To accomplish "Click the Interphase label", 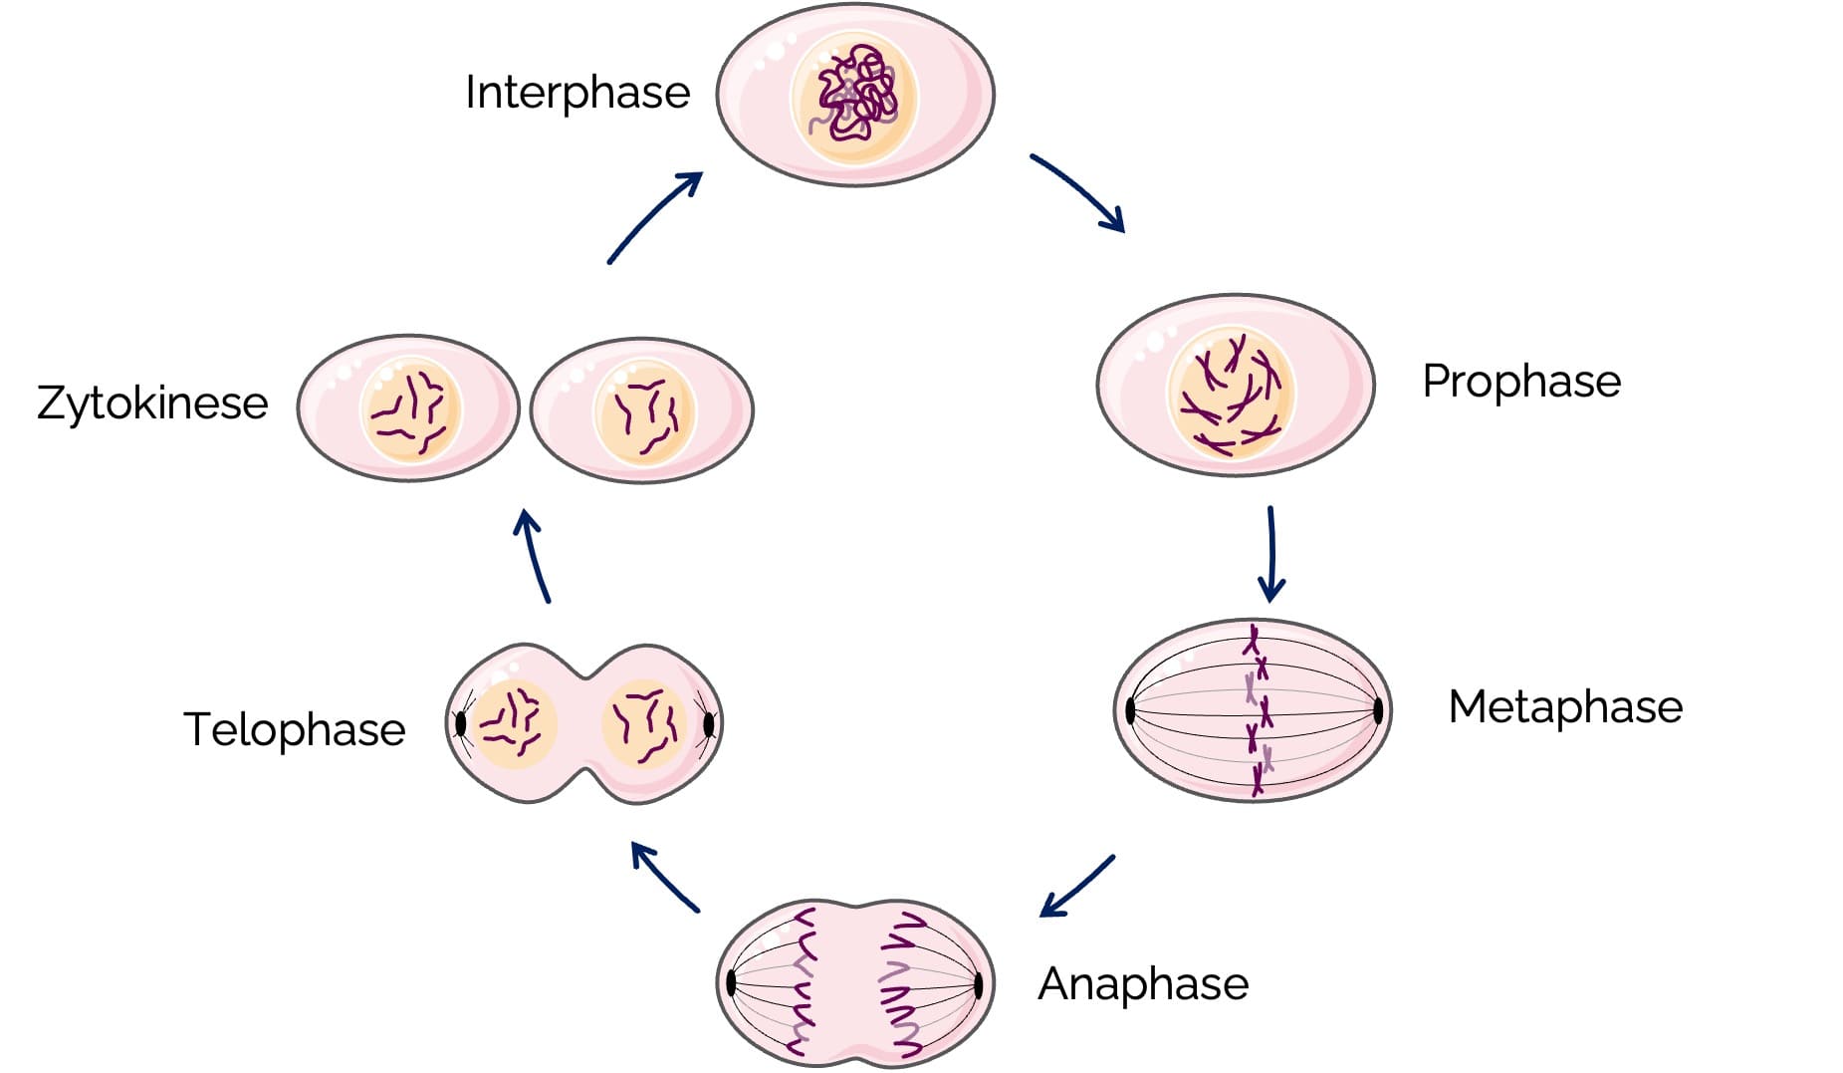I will (577, 93).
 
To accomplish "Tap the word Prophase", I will (1521, 382).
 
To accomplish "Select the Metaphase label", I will (1565, 707).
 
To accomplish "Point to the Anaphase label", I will (1143, 984).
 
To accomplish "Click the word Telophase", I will (295, 729).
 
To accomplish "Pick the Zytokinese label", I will (152, 403).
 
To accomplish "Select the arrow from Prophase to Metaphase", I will (1270, 554).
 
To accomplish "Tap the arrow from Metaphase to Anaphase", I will (1077, 886).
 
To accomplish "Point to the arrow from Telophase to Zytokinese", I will (533, 556).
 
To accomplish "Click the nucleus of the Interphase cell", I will (853, 97).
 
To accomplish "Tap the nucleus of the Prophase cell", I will (1231, 393).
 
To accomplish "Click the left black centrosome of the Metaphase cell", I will (1130, 710).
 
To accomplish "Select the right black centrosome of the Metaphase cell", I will (1378, 710).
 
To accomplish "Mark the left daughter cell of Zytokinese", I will (408, 408).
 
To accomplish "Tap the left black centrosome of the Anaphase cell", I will (731, 983).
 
